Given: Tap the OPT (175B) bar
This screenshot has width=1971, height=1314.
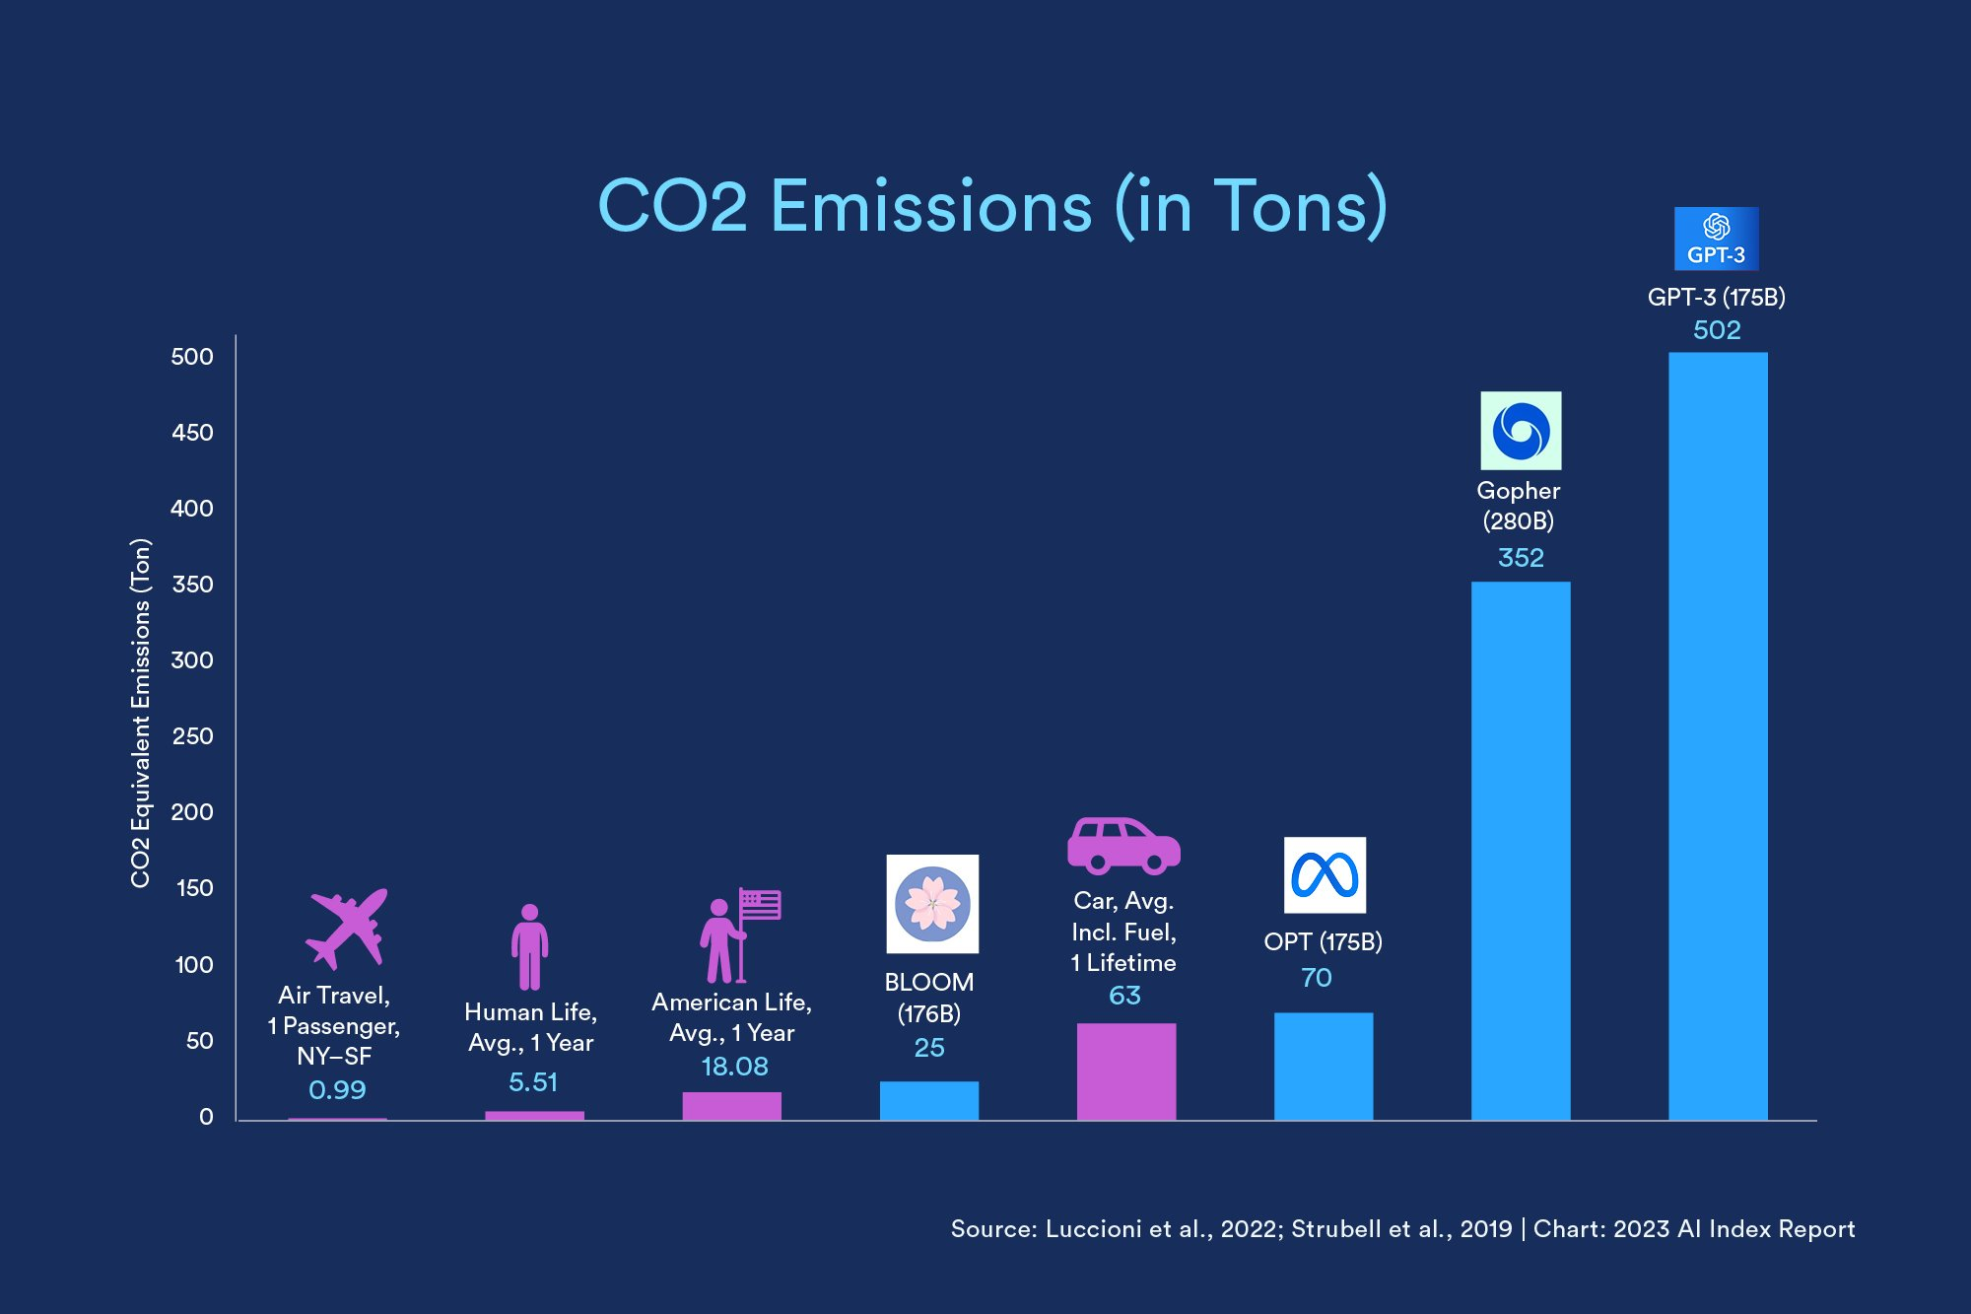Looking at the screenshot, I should pos(1323,1066).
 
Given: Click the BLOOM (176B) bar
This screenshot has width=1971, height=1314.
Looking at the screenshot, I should pos(928,1100).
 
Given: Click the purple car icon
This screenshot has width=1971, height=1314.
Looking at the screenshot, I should pos(1122,846).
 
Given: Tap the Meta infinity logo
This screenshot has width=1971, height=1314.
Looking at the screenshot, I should pos(1325,874).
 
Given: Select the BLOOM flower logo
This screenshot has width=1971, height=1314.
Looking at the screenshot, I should pos(931,903).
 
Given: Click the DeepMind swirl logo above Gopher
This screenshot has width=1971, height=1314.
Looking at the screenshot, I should pos(1520,431).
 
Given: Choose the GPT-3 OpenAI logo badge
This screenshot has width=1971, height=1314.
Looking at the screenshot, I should pos(1716,238).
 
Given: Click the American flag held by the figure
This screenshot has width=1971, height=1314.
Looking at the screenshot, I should pos(761,904).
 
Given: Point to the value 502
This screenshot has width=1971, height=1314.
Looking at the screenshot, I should pos(1717,330).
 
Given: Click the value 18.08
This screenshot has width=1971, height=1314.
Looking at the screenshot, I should pos(734,1067).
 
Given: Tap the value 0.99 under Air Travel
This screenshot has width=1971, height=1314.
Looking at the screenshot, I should pos(337,1090).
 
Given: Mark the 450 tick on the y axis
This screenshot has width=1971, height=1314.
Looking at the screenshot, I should pos(192,433).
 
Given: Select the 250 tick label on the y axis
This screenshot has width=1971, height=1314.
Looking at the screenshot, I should pos(192,736).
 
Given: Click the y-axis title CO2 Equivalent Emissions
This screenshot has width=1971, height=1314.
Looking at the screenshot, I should pos(141,713).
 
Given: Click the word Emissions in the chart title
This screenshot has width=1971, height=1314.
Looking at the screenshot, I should pos(930,207).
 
